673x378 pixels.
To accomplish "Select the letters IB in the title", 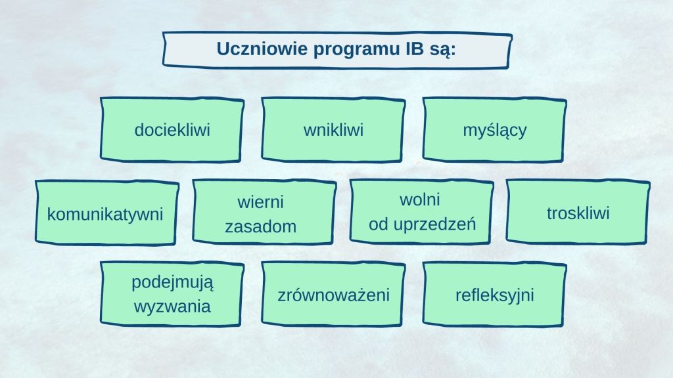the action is point(415,49).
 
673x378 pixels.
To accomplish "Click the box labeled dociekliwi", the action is point(172,130).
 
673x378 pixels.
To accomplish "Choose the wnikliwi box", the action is point(333,130).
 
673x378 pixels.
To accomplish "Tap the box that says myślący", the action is point(494,130).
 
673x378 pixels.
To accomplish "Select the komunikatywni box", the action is point(107,213).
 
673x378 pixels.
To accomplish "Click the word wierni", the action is point(260,202).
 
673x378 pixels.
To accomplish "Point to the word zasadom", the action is point(260,226).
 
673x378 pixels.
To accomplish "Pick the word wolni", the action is point(420,199).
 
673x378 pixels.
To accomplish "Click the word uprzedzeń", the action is point(434,224).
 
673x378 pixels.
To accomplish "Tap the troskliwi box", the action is point(578,212).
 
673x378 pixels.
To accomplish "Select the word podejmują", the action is point(172,283).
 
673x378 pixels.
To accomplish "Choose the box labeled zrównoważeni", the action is point(333,295).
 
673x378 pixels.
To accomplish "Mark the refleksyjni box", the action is point(494,295).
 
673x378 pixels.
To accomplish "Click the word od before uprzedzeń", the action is point(379,224).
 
